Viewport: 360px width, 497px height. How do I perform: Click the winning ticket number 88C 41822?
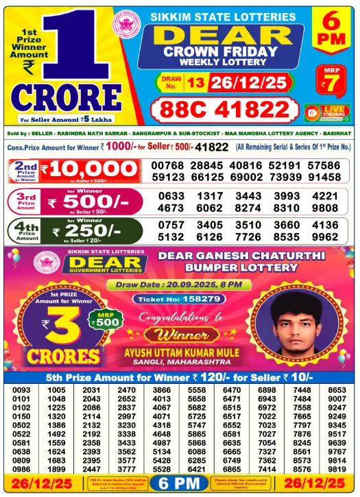click(x=224, y=110)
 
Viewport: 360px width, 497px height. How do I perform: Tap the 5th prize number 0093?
click(x=21, y=390)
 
